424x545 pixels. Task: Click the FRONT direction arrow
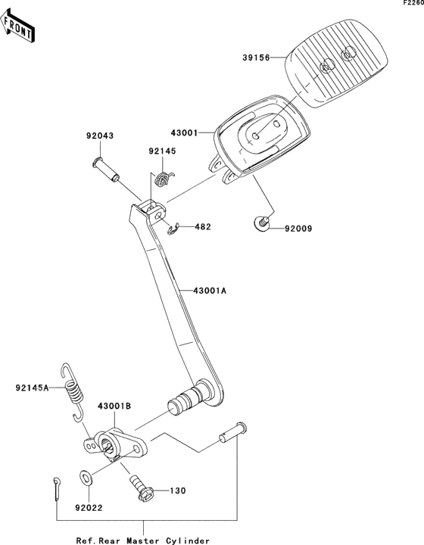point(17,26)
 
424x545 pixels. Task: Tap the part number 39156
point(256,58)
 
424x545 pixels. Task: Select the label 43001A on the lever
point(210,290)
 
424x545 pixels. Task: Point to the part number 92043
point(100,135)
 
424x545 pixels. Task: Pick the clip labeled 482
point(173,229)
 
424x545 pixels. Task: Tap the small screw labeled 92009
point(261,223)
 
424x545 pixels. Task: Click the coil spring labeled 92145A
point(73,392)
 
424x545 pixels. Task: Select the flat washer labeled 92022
point(86,478)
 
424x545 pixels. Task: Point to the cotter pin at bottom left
point(57,489)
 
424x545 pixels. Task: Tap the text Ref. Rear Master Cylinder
point(143,540)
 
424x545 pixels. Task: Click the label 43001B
point(114,406)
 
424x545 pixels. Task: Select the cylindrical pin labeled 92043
point(106,170)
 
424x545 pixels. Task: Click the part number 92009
point(298,229)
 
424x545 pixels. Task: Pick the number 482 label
point(203,227)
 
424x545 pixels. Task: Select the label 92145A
point(32,388)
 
